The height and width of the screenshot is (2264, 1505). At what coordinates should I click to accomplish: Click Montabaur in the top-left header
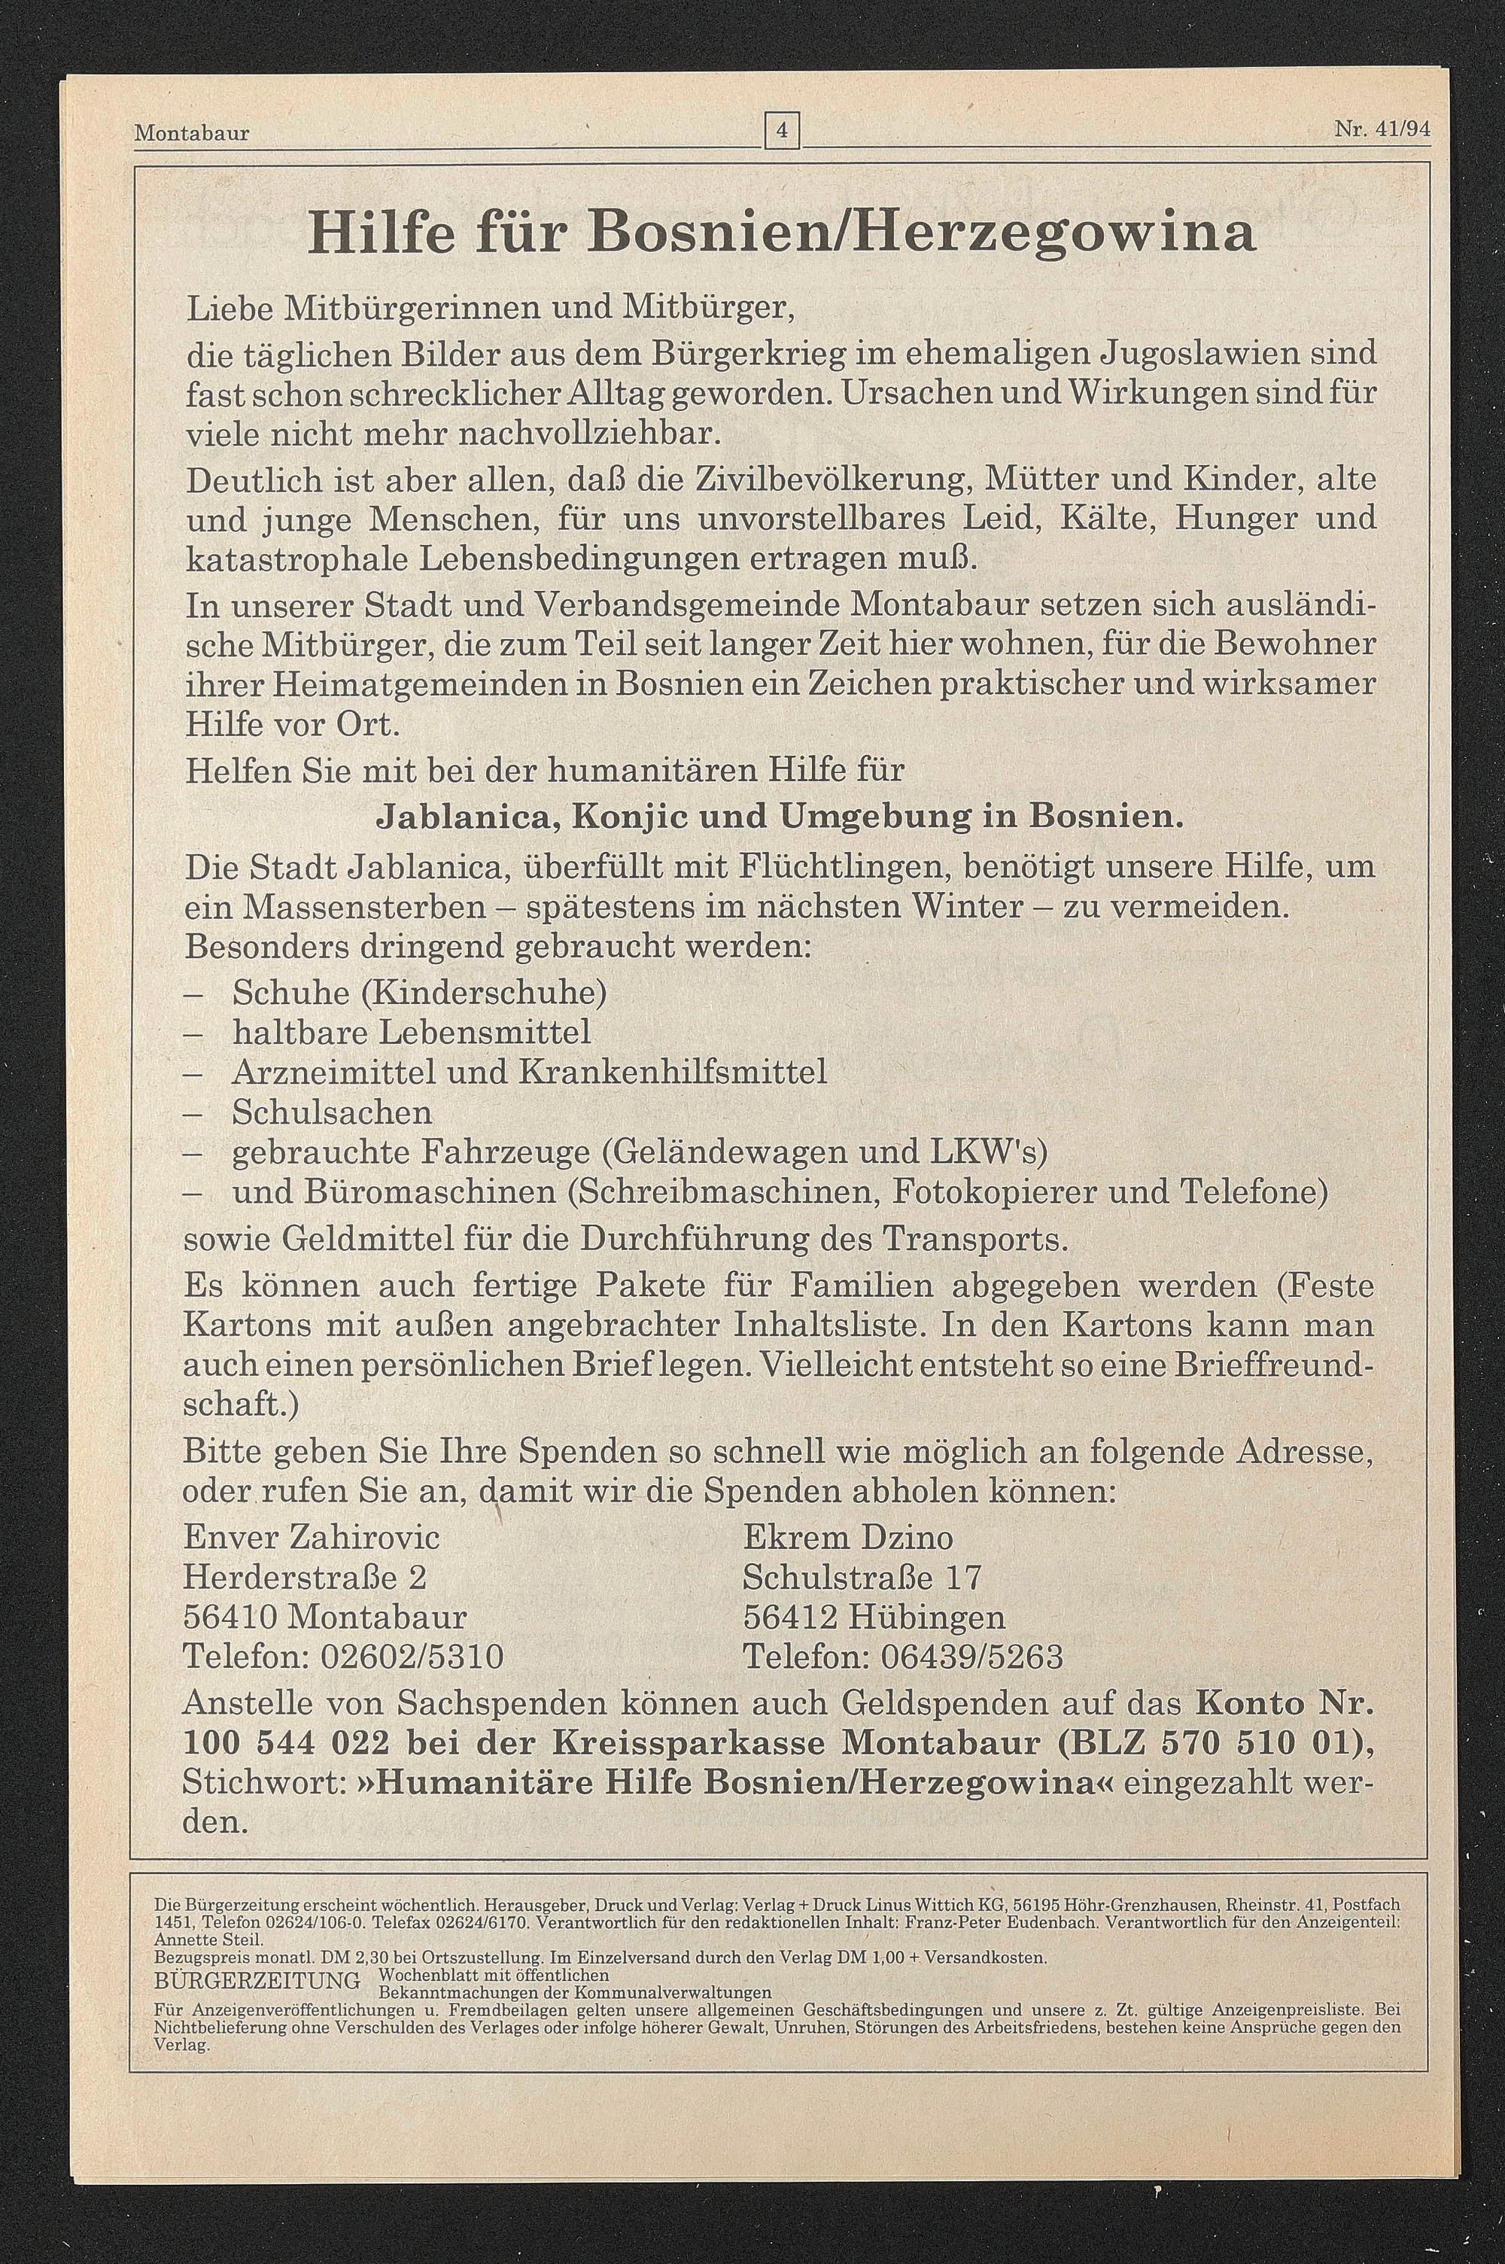[x=192, y=132]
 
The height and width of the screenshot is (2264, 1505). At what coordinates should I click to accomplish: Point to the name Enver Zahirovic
[x=312, y=1538]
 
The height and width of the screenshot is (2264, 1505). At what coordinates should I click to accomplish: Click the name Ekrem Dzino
[x=847, y=1538]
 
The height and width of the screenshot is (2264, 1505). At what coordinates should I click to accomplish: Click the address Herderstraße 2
[x=306, y=1578]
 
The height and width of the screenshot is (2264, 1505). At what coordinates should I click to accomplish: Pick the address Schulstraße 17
[x=862, y=1578]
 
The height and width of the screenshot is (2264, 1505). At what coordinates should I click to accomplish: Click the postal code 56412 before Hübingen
[x=790, y=1618]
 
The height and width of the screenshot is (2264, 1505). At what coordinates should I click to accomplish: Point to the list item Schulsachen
[x=332, y=1112]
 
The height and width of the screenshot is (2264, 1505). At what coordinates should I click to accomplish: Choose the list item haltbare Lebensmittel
[x=411, y=1033]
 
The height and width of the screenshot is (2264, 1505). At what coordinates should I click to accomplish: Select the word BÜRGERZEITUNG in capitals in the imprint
[x=257, y=1947]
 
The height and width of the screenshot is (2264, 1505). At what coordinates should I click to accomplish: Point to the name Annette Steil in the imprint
[x=181, y=1912]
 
